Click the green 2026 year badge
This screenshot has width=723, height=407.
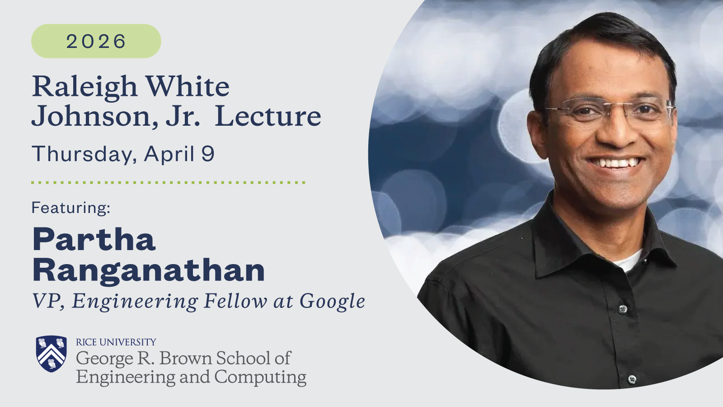[96, 41]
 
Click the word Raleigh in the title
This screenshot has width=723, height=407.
[85, 86]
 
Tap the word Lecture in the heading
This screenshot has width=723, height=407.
[268, 116]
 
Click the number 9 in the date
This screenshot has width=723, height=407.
[208, 154]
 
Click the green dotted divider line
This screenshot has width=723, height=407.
[168, 183]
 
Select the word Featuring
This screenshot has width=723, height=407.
[71, 208]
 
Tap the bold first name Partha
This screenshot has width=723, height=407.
[94, 240]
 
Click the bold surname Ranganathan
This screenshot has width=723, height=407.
[149, 270]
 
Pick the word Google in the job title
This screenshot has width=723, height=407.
[332, 302]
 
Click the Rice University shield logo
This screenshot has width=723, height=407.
[52, 353]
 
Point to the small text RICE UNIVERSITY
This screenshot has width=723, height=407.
[116, 342]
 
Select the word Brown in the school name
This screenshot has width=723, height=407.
[186, 358]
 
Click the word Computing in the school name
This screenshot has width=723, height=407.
[260, 377]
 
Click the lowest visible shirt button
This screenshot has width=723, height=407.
[632, 379]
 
